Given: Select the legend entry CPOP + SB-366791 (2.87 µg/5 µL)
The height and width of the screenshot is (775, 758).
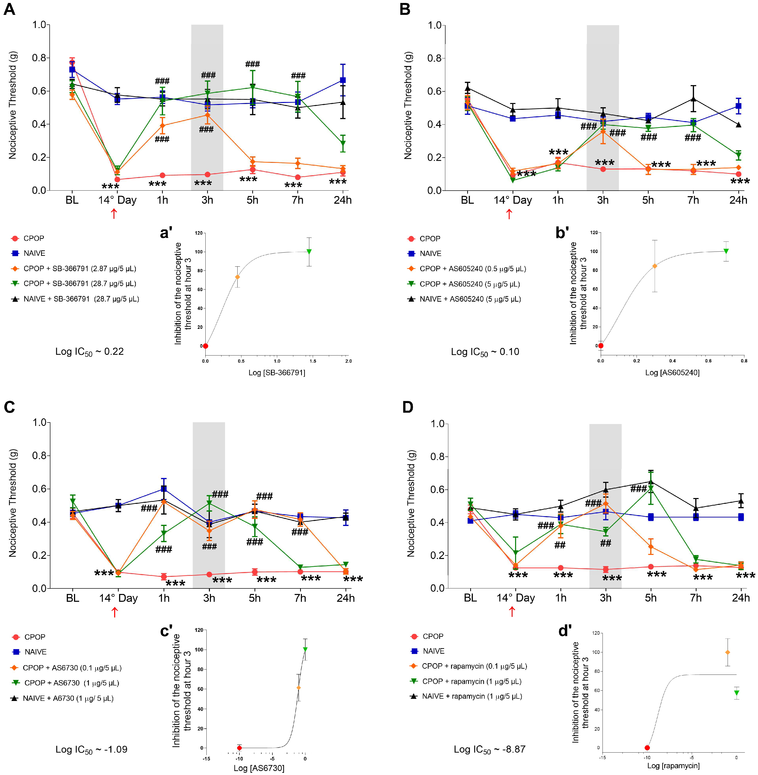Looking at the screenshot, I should tap(80, 269).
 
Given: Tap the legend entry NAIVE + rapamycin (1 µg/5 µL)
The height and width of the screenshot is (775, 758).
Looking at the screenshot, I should tap(472, 696).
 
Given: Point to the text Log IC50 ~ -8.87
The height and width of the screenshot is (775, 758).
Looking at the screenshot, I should tap(489, 749).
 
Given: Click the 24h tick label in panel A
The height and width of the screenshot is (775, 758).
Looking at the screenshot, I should tap(342, 200).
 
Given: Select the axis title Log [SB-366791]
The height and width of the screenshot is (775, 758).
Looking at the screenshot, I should tap(277, 372).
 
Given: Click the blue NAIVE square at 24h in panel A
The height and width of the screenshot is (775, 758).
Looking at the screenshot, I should tap(342, 80).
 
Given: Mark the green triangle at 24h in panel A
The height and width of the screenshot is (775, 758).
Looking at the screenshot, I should tap(343, 143).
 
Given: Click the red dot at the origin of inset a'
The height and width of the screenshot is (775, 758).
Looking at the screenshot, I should tap(205, 346).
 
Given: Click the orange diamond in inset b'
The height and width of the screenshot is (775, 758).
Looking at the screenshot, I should tap(654, 266).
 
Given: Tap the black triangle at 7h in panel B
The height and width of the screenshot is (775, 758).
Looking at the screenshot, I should tap(693, 99).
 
